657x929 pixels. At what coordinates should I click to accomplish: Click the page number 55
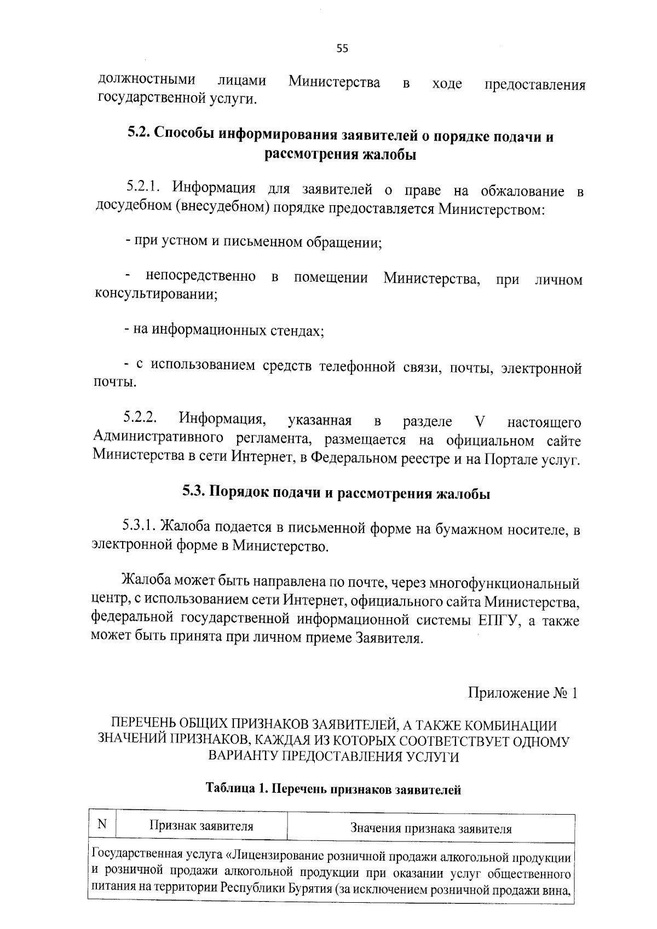342,48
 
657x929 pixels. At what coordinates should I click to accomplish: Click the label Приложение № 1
522,693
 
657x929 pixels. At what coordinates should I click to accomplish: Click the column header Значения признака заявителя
430,828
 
